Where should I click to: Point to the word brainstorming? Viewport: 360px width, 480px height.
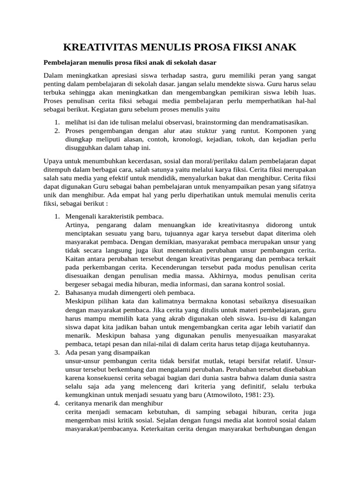coord(217,122)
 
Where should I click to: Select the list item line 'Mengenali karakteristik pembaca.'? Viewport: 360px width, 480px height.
coord(114,217)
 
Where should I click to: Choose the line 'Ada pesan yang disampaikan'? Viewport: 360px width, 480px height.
coord(107,352)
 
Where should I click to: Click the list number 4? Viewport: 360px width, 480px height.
coord(56,403)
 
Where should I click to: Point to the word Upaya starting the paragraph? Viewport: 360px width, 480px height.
coord(52,161)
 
